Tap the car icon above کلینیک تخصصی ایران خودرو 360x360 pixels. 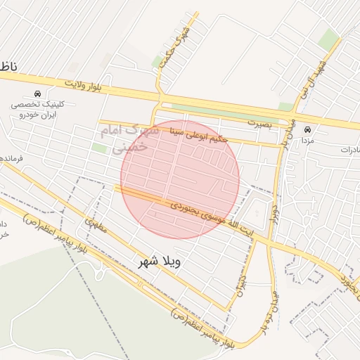click(37, 94)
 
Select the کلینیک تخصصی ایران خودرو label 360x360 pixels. click(37, 108)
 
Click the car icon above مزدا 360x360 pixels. click(307, 129)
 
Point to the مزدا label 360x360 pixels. click(307, 141)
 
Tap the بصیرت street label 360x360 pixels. click(259, 122)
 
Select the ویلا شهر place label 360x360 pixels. click(160, 263)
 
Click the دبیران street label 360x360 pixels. click(241, 288)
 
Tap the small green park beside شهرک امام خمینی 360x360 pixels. click(99, 148)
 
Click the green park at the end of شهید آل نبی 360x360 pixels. click(328, 39)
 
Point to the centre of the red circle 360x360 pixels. click(180, 179)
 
